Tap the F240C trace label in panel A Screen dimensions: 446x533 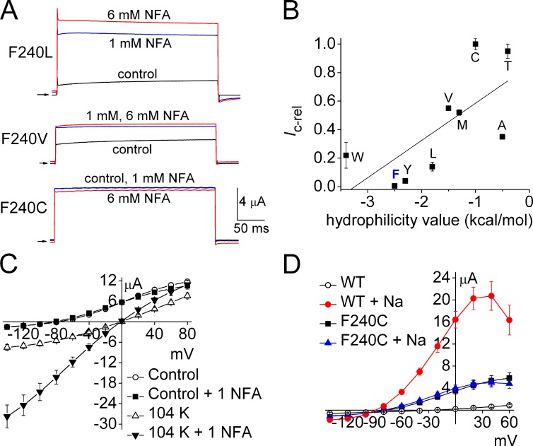[28, 199]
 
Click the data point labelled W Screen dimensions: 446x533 [346, 155]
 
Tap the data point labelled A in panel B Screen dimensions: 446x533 [502, 136]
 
